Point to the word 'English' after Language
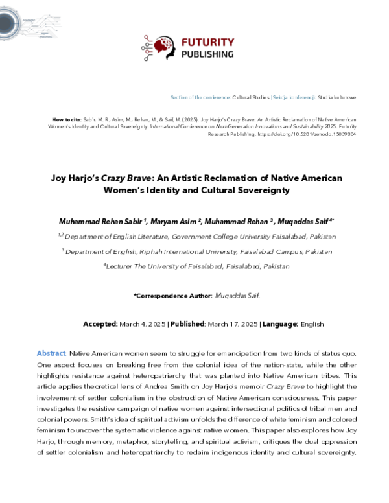tap(312, 324)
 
